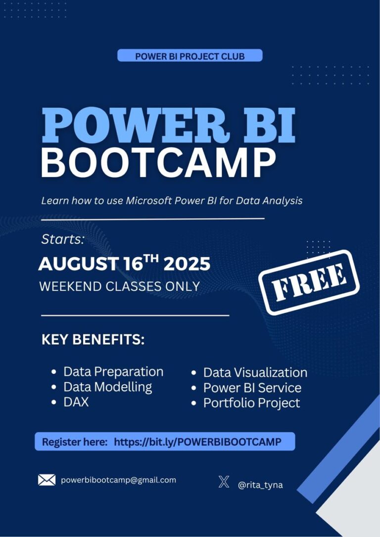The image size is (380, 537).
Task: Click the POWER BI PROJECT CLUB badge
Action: tap(190, 55)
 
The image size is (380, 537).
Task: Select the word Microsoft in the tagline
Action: tap(149, 200)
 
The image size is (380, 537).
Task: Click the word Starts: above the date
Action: tap(63, 239)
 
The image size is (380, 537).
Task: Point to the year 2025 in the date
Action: tap(187, 264)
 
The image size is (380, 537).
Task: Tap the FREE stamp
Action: tap(309, 282)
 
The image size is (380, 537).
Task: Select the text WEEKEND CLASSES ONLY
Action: tap(120, 286)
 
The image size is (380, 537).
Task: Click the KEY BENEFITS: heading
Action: tap(93, 339)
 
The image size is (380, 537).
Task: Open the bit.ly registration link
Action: tap(197, 442)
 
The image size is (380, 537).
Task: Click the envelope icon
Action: tap(47, 480)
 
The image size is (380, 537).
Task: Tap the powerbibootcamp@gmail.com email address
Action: tap(119, 480)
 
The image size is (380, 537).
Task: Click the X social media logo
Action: tap(224, 482)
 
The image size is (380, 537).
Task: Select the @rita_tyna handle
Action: tap(260, 485)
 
